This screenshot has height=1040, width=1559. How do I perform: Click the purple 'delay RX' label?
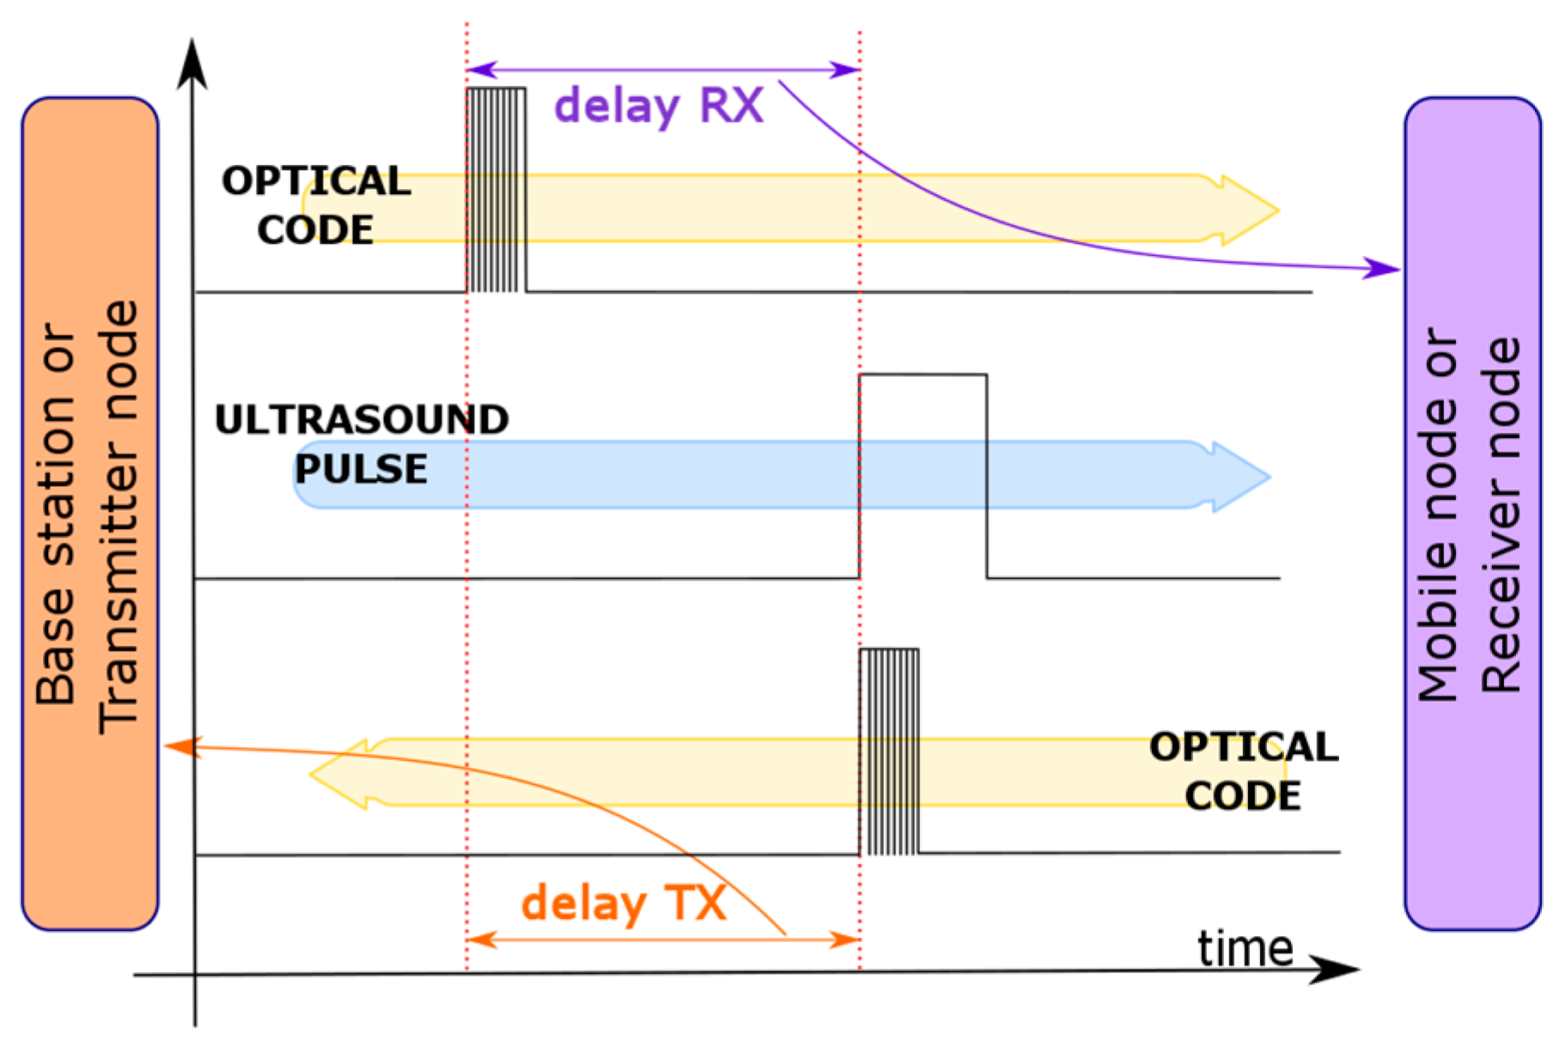(x=659, y=106)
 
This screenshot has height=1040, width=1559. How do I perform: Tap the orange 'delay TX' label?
(x=624, y=903)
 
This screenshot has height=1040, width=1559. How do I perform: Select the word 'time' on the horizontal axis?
(x=1245, y=949)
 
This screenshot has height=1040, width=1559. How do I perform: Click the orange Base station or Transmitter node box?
(x=89, y=514)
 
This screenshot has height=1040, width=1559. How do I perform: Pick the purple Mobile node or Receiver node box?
(x=1471, y=514)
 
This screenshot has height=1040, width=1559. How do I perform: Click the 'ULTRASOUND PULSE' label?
(x=362, y=444)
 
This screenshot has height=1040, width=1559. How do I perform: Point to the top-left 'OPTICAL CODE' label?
(x=316, y=205)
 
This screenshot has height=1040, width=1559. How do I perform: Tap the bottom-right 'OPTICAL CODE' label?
(x=1243, y=771)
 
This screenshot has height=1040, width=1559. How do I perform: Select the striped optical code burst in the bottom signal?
(x=889, y=752)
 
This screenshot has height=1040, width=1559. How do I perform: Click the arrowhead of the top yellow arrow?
(x=1251, y=210)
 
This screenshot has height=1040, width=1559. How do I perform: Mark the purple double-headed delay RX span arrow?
(x=662, y=70)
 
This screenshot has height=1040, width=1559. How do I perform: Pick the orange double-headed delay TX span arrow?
(x=662, y=940)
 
